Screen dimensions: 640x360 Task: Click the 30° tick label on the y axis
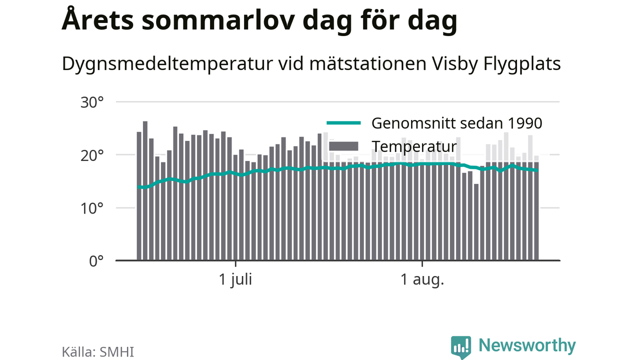pyautogui.click(x=92, y=102)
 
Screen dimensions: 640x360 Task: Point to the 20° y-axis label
pyautogui.click(x=92, y=156)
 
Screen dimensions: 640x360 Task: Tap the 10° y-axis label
pyautogui.click(x=92, y=208)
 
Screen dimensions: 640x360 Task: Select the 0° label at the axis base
pyautogui.click(x=96, y=261)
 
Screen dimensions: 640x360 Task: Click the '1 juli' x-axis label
pyautogui.click(x=235, y=279)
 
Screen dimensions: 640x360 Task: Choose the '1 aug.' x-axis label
pyautogui.click(x=422, y=279)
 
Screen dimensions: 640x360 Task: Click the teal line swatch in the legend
pyautogui.click(x=343, y=123)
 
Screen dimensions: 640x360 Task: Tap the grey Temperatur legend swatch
pyautogui.click(x=343, y=146)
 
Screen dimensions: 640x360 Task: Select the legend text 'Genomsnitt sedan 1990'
pyautogui.click(x=456, y=123)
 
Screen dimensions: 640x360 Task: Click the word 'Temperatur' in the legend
pyautogui.click(x=414, y=147)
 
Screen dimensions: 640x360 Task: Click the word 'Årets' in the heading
pyautogui.click(x=97, y=19)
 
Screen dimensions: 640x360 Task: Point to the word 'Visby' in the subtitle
pyautogui.click(x=454, y=64)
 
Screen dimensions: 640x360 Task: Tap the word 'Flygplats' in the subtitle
pyautogui.click(x=522, y=64)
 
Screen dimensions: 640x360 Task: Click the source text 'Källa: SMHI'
pyautogui.click(x=97, y=352)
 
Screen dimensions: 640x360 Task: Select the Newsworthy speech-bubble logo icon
pyautogui.click(x=461, y=346)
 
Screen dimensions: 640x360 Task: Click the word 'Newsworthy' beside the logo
pyautogui.click(x=527, y=345)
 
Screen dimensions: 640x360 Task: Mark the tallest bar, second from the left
pyautogui.click(x=145, y=191)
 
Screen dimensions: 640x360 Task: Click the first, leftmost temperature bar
pyautogui.click(x=139, y=196)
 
